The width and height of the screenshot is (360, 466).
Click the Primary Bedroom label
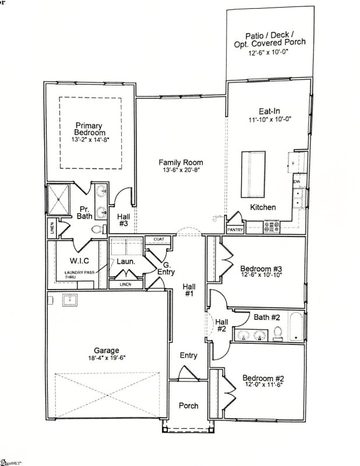tap(89, 129)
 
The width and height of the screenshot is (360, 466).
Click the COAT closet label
tap(159, 239)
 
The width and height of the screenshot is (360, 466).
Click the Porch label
tap(188, 405)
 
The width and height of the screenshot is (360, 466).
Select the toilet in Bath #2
tap(278, 333)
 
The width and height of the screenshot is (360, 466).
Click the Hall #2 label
tap(221, 325)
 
